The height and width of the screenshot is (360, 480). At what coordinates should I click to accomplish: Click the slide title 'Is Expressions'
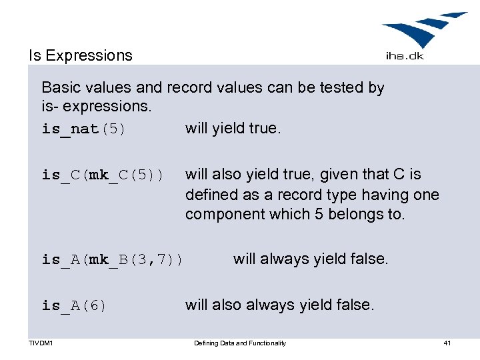coord(81,55)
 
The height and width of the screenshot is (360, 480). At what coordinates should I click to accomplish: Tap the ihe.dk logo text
coord(404,56)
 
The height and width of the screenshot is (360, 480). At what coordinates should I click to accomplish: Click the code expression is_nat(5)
coord(83,129)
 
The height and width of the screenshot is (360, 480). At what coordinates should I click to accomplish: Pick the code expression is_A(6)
coord(74,306)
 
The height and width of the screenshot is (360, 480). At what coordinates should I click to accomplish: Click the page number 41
coord(447,343)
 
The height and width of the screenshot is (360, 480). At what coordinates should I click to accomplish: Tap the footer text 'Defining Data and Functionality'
coord(240,343)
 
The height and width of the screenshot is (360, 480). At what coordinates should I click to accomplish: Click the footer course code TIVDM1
coord(41,343)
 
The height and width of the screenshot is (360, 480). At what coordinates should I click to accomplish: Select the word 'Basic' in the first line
coord(61,87)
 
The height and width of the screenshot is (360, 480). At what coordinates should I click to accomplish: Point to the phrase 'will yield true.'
coord(233,127)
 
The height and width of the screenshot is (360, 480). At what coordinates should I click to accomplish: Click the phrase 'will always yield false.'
coord(310,259)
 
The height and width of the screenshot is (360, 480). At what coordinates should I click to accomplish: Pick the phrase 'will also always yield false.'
coord(280,305)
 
